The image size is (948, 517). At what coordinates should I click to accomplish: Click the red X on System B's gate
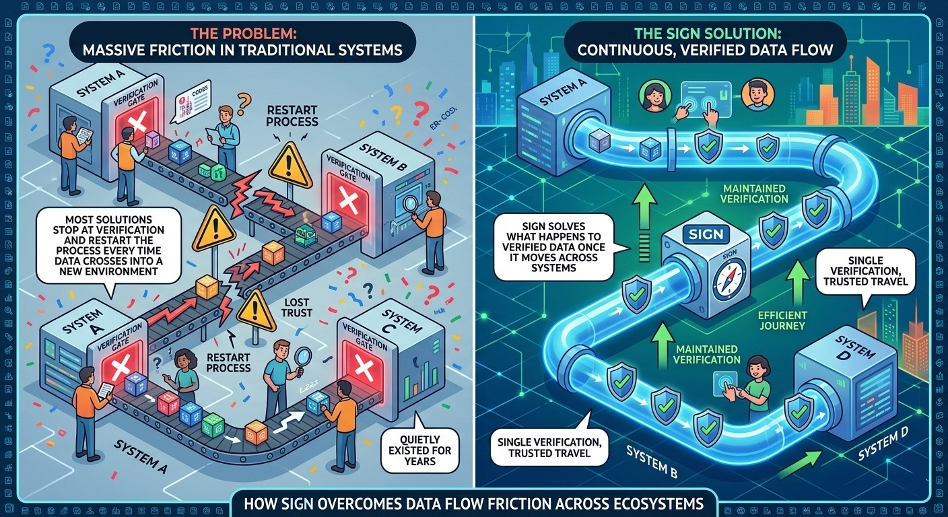point(348,200)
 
